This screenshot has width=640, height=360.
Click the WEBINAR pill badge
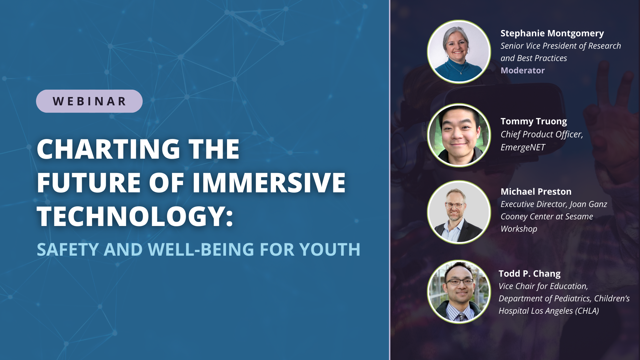point(89,101)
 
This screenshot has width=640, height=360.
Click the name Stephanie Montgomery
point(552,33)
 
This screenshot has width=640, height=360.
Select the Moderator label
point(522,70)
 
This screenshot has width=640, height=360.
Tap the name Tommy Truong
point(533,121)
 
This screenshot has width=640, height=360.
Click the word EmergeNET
point(523,147)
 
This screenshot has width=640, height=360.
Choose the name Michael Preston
point(536,192)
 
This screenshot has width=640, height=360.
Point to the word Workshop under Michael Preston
point(519,229)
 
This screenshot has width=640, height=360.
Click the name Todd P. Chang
point(529,274)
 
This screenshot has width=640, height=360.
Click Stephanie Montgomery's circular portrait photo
point(459,52)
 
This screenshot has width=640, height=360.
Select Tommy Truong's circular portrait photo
point(459,135)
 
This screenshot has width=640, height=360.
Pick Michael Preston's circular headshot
point(459,212)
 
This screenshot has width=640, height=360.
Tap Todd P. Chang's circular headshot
point(459,292)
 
